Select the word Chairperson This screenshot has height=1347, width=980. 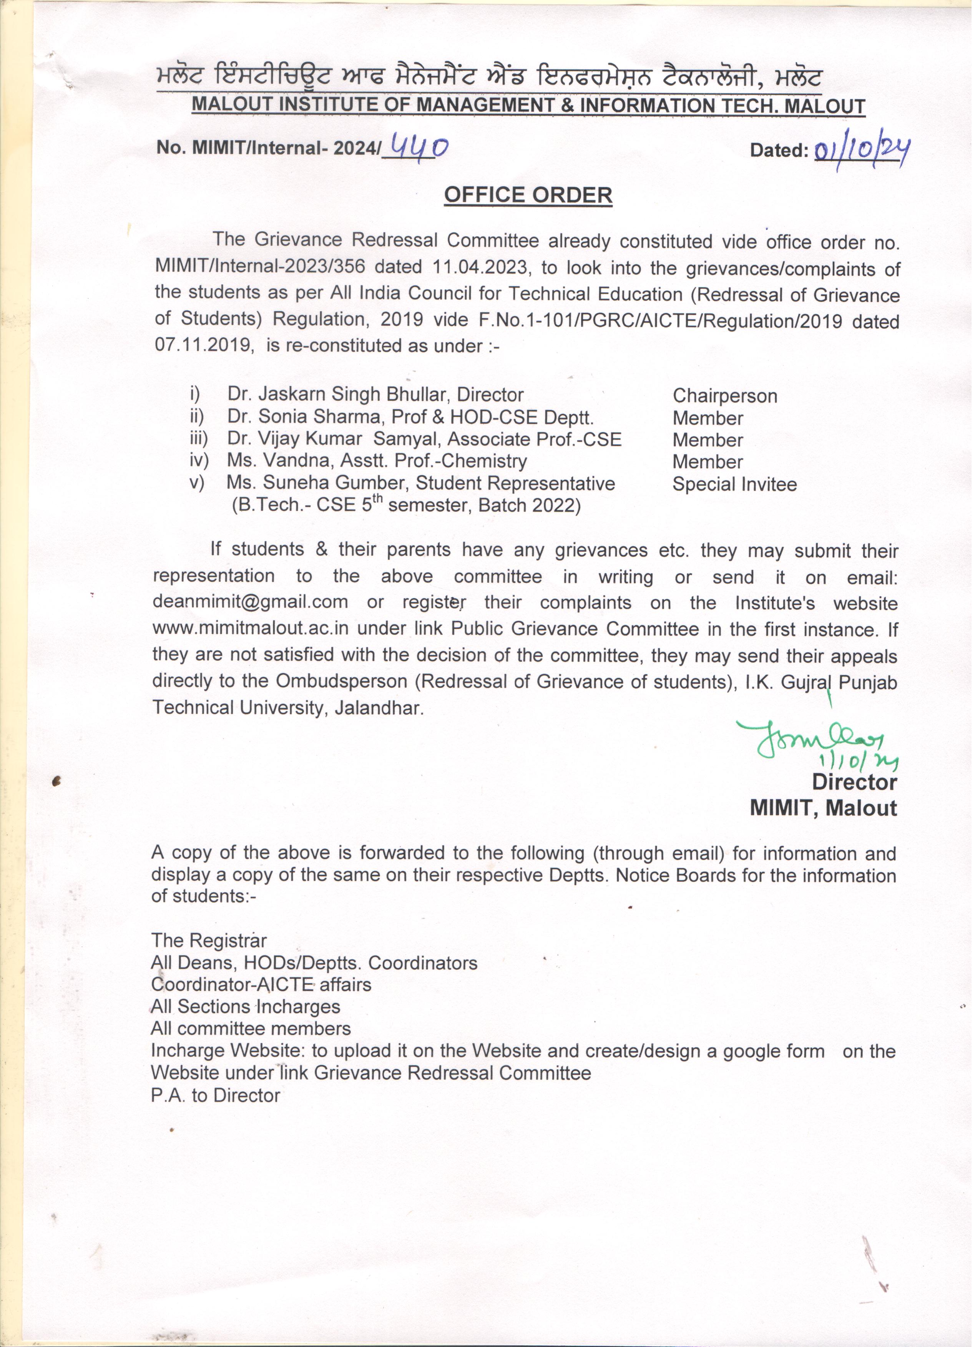tap(730, 398)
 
